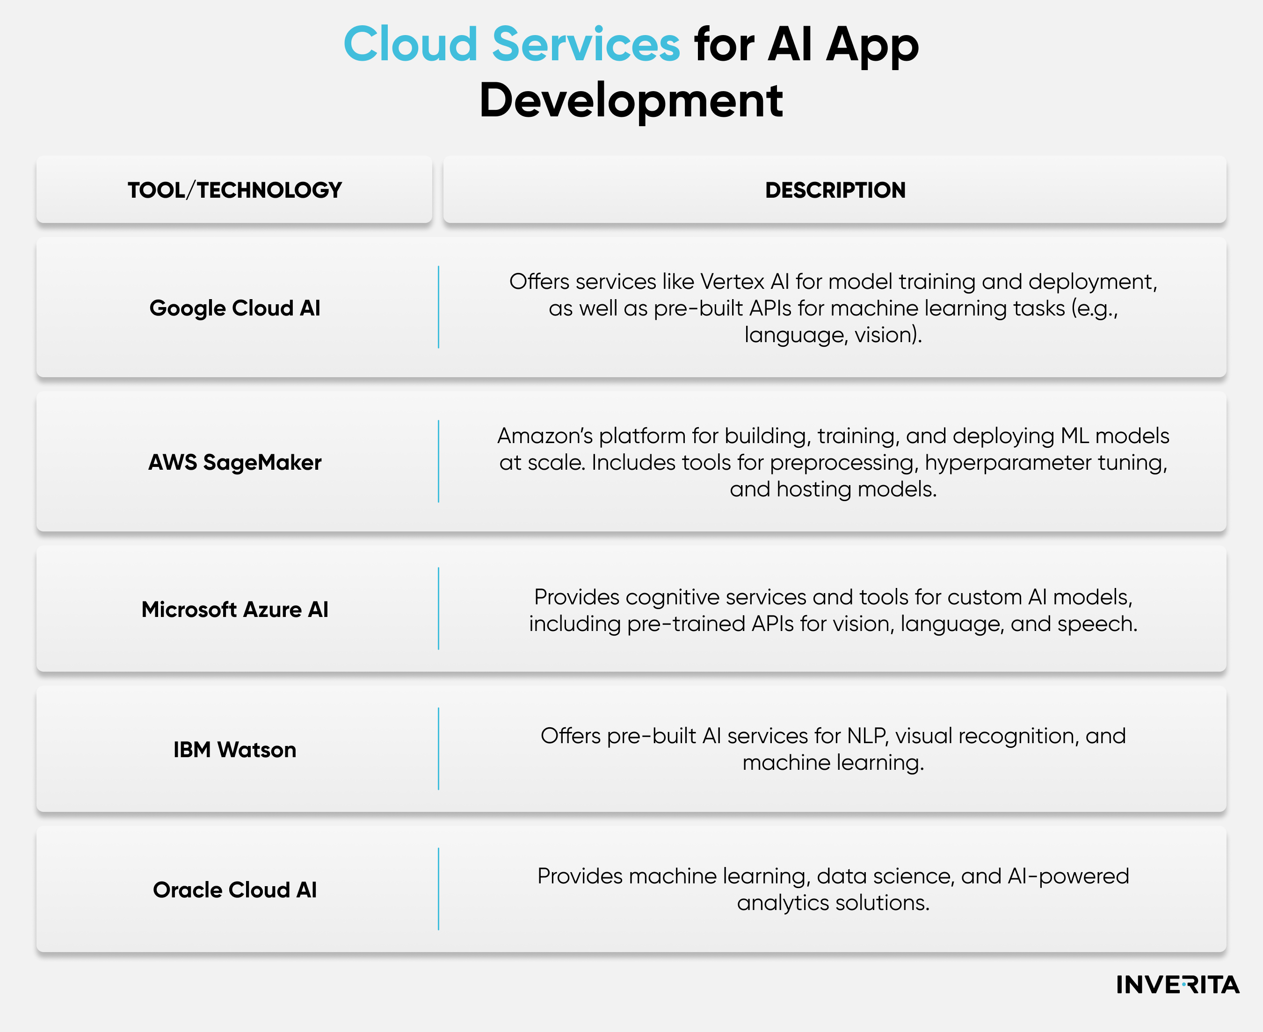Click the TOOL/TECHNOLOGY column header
point(234,190)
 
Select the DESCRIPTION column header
point(835,190)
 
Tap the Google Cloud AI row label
point(234,308)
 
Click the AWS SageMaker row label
point(234,463)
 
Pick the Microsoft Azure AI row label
point(234,609)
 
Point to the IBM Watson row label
point(234,750)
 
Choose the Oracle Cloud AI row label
point(234,890)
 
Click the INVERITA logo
point(1177,985)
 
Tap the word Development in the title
point(631,100)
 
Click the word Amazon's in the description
point(545,436)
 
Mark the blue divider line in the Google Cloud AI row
point(438,308)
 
